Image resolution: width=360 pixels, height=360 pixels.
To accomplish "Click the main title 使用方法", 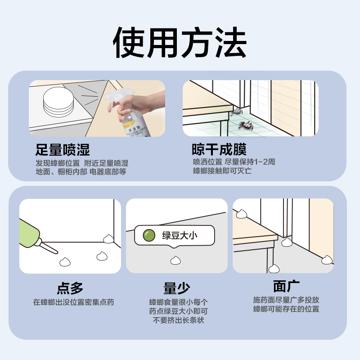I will pos(180,42).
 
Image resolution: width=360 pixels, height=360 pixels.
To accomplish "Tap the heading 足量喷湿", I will pos(63,150).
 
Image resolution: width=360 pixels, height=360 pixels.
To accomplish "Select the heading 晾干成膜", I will pos(219,150).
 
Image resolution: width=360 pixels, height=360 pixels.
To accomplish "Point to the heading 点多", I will pos(70,288).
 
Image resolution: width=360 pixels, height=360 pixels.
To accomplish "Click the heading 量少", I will pos(176,288).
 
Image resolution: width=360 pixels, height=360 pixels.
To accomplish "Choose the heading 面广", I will pos(286,286).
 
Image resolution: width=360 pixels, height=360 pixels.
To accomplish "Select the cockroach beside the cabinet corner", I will pos(237,111).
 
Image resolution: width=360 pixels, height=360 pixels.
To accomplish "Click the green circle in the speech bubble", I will pos(148,235).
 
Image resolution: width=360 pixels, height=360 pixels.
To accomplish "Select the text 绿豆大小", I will pos(180,235).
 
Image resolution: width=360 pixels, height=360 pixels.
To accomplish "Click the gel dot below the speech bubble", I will pos(175,260).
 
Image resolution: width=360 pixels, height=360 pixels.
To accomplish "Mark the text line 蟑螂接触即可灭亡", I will pos(222,171).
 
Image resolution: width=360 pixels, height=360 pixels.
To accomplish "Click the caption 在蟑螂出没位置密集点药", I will pos(73,302).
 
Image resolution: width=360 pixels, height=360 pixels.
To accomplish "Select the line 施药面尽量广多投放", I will pos(286,300).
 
